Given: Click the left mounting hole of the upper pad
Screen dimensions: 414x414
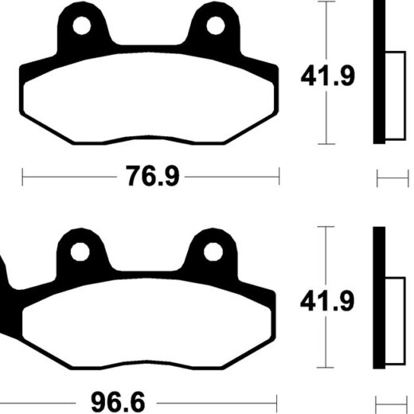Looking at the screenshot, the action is click(82, 25).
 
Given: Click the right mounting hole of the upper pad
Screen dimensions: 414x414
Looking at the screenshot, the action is click(216, 25).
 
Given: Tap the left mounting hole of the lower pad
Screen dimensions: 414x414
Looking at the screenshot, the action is click(80, 252).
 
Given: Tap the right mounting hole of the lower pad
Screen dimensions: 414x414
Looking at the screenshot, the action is click(213, 252).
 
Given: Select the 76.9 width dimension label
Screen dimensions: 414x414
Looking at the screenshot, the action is click(153, 176).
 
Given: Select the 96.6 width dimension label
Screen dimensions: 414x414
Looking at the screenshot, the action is click(118, 402).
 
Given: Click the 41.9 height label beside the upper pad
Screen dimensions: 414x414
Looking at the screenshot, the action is click(328, 76).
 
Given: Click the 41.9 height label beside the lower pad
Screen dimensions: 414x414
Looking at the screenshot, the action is click(327, 301).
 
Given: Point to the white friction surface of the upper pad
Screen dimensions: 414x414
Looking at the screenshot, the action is click(149, 97).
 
